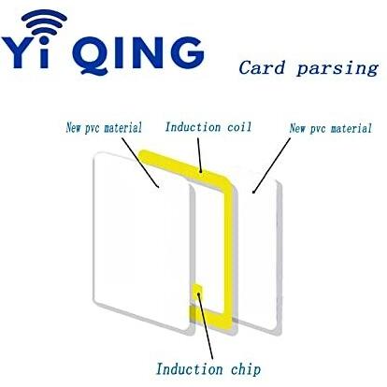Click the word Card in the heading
click(x=262, y=67)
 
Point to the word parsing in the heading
click(x=337, y=69)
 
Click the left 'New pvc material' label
click(x=104, y=128)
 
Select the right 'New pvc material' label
click(x=331, y=128)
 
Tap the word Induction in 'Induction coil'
click(x=193, y=127)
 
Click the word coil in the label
click(x=239, y=127)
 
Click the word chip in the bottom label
click(x=246, y=370)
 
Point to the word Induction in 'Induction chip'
click(x=190, y=369)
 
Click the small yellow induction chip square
click(x=197, y=292)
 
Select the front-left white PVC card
click(x=141, y=242)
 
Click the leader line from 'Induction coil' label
click(x=199, y=155)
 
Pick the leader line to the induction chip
click(x=206, y=326)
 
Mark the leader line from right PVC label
click(x=271, y=165)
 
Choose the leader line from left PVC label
click(x=140, y=163)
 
